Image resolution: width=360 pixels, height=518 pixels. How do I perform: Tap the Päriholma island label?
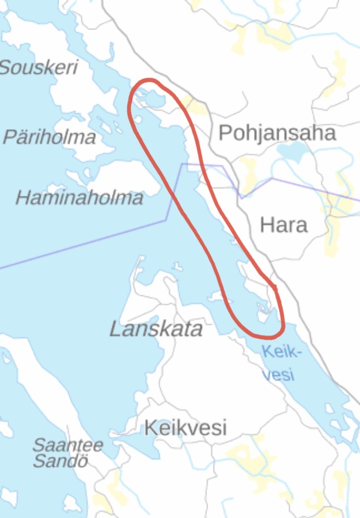[49, 137]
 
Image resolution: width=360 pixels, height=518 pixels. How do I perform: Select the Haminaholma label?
[79, 197]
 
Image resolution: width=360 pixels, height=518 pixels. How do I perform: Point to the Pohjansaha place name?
[277, 133]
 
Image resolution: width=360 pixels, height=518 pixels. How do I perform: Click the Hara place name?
[283, 225]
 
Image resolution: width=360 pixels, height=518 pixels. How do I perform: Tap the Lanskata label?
[156, 329]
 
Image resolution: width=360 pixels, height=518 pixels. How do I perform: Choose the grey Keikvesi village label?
[185, 428]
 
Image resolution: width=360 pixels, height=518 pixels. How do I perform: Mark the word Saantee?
[68, 446]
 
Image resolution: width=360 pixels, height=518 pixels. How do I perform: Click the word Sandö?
[60, 461]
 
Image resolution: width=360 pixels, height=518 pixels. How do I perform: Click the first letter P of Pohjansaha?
[224, 133]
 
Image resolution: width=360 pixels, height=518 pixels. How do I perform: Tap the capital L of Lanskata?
[115, 329]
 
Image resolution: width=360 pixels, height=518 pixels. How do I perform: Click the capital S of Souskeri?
[6, 68]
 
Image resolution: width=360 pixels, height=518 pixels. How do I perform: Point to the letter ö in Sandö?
[82, 461]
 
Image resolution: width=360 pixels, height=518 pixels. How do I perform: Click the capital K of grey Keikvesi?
[150, 428]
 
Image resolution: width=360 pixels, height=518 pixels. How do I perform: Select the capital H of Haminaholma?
[23, 197]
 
